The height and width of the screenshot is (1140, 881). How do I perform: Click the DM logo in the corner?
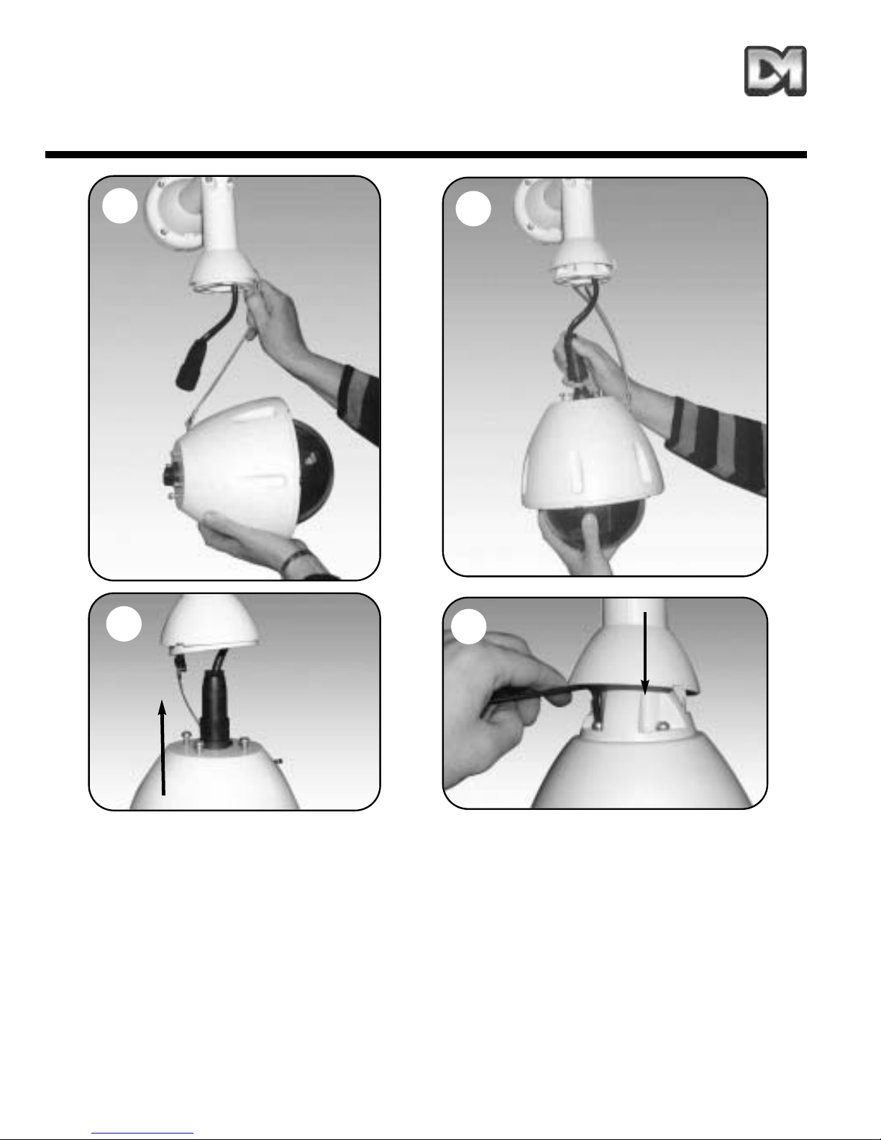775,71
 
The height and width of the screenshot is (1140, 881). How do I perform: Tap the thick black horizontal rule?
426,155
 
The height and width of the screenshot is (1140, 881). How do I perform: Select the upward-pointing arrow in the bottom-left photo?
163,747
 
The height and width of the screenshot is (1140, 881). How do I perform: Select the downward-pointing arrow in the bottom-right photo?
645,653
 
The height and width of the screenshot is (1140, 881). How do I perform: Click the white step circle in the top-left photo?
120,206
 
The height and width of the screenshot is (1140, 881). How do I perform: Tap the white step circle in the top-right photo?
473,209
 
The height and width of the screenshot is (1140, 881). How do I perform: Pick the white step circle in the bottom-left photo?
124,624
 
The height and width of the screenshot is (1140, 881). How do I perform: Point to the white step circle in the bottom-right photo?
469,626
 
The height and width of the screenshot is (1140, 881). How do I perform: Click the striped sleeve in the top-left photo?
360,404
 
